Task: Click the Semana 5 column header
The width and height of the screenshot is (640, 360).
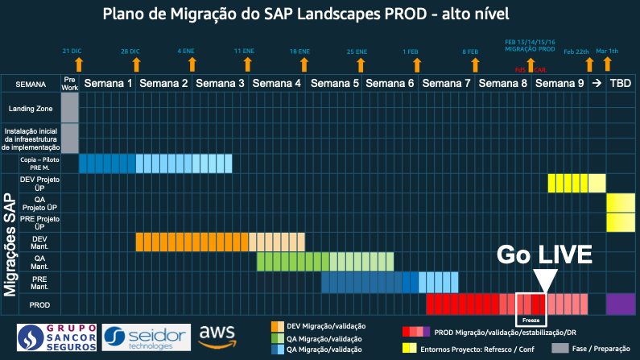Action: pos(332,84)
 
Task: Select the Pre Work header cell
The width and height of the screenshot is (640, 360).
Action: pos(70,84)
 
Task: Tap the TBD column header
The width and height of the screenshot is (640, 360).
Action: pos(620,84)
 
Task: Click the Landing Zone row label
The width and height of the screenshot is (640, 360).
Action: pos(30,108)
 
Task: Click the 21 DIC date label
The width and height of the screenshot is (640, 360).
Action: pos(72,51)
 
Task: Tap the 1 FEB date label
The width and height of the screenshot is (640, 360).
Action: pos(411,51)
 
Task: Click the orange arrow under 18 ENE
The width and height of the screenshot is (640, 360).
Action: pos(299,64)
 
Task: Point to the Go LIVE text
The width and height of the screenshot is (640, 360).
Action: pos(543,256)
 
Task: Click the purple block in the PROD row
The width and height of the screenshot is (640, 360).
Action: pos(620,304)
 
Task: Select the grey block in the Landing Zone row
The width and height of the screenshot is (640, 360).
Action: pos(70,108)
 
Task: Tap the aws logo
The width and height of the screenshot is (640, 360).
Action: pos(215,336)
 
